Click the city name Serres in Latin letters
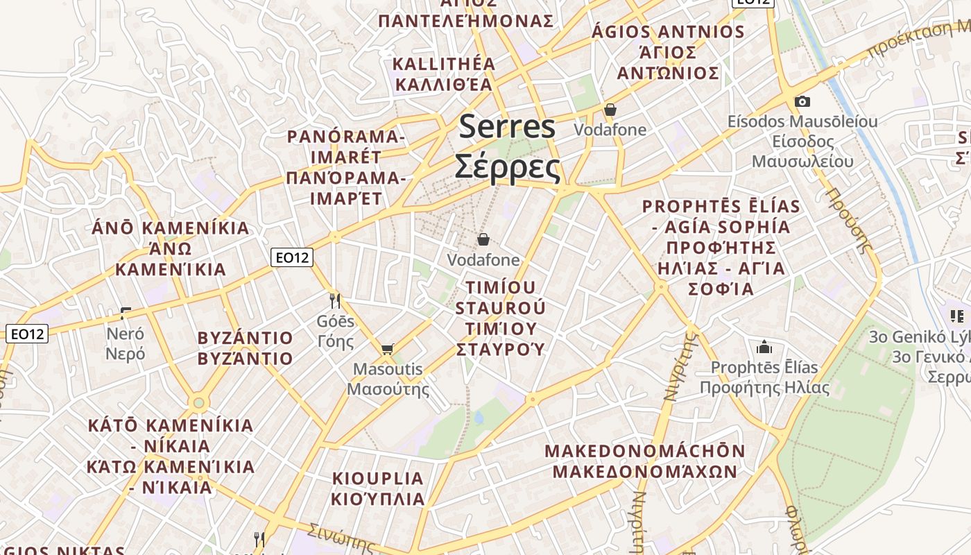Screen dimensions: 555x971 [507, 127]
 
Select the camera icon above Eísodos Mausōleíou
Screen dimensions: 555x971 [802, 102]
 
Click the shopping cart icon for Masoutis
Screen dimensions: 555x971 [387, 348]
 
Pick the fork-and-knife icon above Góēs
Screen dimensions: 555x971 [335, 300]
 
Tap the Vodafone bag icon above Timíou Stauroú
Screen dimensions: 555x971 [483, 239]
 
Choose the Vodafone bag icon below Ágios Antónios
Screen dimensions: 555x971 [610, 110]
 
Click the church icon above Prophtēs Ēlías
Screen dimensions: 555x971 [764, 346]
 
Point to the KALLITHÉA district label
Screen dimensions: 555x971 [445, 64]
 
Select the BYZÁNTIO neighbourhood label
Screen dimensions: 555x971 [246, 339]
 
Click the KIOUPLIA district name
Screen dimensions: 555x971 [378, 479]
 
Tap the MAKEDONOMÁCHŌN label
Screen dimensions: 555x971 [644, 451]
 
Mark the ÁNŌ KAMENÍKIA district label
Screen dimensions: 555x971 [171, 228]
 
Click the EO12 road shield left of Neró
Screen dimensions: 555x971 [27, 334]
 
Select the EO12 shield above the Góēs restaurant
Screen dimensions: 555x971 [292, 257]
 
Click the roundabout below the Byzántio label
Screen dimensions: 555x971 [199, 402]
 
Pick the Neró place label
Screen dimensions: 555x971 [126, 334]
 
